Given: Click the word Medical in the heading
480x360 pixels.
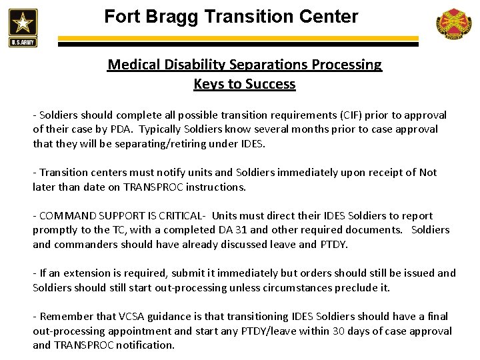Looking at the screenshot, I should pyautogui.click(x=133, y=65).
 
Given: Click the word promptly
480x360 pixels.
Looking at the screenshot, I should pyautogui.click(x=55, y=229).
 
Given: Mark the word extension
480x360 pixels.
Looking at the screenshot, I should pyautogui.click(x=79, y=273).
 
